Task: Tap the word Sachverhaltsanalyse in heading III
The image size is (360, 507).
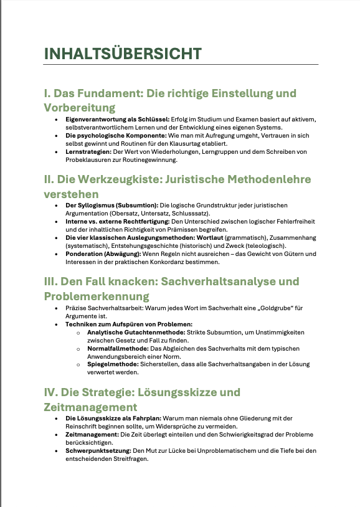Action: (x=222, y=282)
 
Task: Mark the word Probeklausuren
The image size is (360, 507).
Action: (x=87, y=159)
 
